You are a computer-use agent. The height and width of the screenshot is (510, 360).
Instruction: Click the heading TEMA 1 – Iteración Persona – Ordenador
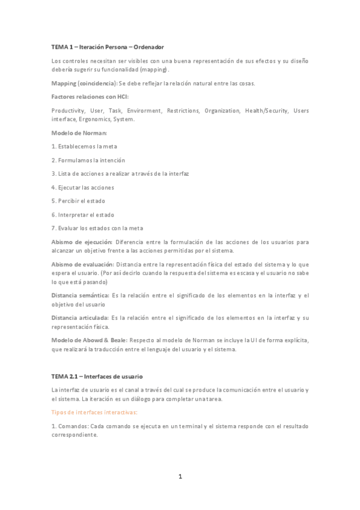click(x=108, y=46)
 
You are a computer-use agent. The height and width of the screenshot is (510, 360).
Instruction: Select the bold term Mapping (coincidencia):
click(x=84, y=83)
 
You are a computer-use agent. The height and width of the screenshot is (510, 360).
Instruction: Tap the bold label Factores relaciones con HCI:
click(x=90, y=97)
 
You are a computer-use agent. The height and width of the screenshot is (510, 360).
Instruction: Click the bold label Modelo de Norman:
click(x=79, y=132)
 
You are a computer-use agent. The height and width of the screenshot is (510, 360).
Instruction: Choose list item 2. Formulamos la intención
click(x=88, y=160)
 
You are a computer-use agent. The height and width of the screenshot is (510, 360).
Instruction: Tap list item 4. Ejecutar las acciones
click(x=83, y=187)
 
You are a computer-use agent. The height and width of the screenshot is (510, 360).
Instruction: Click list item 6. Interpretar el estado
click(x=83, y=215)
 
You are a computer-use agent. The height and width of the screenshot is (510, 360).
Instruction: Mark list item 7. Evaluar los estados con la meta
click(x=97, y=228)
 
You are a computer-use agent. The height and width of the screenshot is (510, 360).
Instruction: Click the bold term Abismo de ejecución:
click(x=82, y=242)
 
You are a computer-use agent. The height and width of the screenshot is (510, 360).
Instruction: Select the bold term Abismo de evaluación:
click(x=83, y=264)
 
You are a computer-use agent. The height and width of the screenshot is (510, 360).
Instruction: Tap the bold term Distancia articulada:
click(x=81, y=318)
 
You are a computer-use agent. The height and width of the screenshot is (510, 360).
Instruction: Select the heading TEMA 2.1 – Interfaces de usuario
click(x=97, y=376)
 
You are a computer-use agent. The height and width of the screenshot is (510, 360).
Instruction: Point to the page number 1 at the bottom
click(x=180, y=477)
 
